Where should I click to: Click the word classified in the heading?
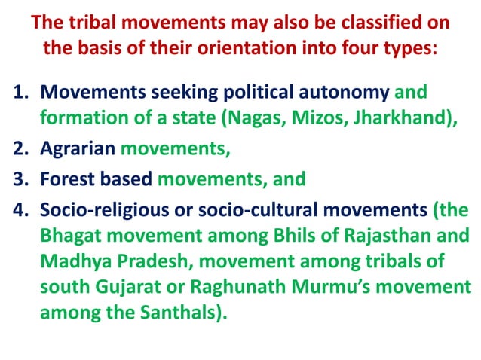(x=366, y=23)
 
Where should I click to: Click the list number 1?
(x=20, y=93)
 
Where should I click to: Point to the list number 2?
(x=20, y=148)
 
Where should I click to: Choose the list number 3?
(x=20, y=179)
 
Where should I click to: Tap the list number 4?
(x=20, y=209)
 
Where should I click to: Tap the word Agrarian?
(x=76, y=148)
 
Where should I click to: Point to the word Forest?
(x=66, y=179)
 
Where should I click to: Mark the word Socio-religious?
(x=100, y=209)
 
